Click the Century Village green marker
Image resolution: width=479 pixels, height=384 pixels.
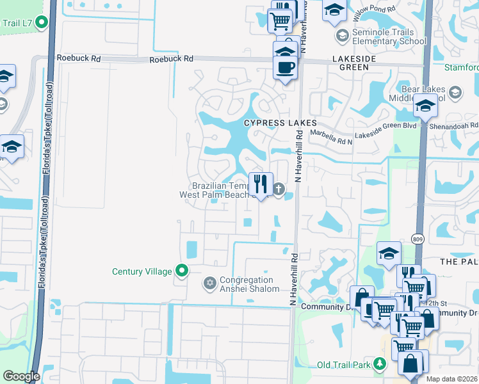point(182,271)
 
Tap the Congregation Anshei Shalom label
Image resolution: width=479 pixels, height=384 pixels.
point(250,284)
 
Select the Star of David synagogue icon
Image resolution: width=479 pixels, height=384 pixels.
point(209,283)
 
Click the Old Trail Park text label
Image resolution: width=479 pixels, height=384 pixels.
point(345,365)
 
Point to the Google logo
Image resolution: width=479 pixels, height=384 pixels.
point(21,376)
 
